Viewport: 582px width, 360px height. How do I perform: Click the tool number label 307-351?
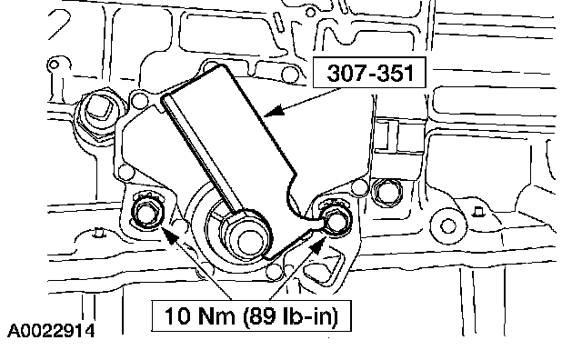pos(370,73)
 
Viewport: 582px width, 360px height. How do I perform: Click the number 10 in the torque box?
pos(178,316)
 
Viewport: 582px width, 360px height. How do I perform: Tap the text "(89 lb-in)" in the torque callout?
pos(291,316)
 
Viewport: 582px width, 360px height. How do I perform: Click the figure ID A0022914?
pos(51,331)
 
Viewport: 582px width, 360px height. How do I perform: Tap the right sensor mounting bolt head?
pos(336,219)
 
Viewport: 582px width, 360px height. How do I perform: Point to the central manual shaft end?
pos(246,241)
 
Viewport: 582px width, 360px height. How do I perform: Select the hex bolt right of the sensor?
pos(386,192)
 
